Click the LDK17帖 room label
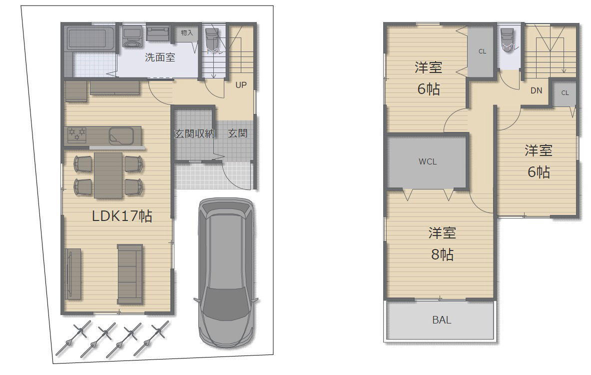[122, 216]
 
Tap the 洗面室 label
[160, 57]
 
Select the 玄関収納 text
[194, 133]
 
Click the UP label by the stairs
[241, 85]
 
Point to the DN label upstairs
[537, 90]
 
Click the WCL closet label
[428, 161]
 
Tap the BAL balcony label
[442, 320]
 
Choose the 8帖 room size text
[443, 254]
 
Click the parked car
[226, 272]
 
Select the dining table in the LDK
[108, 175]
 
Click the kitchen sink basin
[121, 136]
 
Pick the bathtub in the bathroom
[91, 38]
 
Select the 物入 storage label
[186, 33]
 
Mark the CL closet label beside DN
[565, 93]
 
